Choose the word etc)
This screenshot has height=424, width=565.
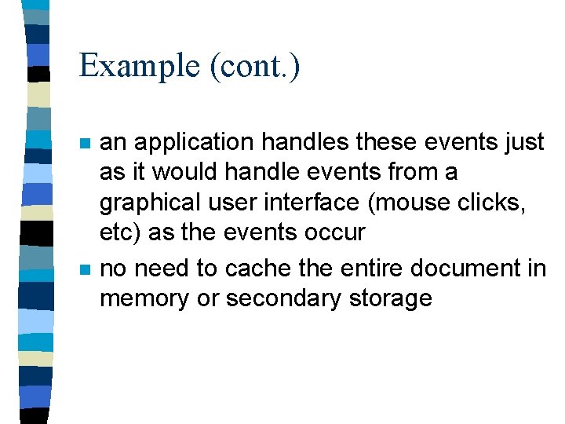pyautogui.click(x=119, y=233)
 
